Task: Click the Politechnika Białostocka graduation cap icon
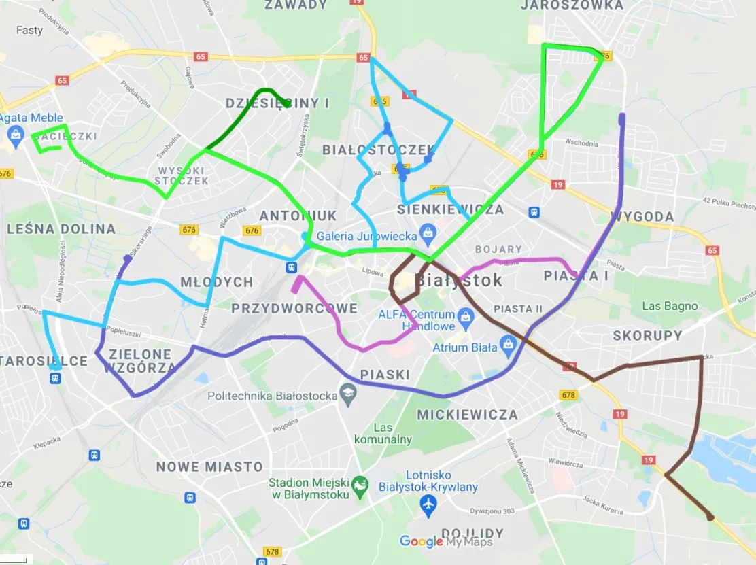tap(348, 394)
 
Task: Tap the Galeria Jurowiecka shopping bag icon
tap(427, 235)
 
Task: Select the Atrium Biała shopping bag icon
tap(508, 346)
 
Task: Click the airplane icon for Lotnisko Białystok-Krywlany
tap(428, 504)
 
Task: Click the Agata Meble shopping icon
tap(14, 134)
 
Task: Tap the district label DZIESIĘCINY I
tap(277, 104)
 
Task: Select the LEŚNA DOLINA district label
tap(61, 229)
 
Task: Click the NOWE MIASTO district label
tap(209, 467)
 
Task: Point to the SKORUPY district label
tap(647, 335)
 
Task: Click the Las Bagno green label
tap(670, 306)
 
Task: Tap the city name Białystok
tap(459, 280)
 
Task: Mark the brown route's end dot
tap(710, 517)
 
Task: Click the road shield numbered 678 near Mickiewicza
tap(568, 394)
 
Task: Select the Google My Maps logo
tap(445, 542)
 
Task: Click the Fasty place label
tap(29, 30)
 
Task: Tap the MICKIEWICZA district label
tap(467, 414)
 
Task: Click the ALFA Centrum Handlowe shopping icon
tap(466, 315)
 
